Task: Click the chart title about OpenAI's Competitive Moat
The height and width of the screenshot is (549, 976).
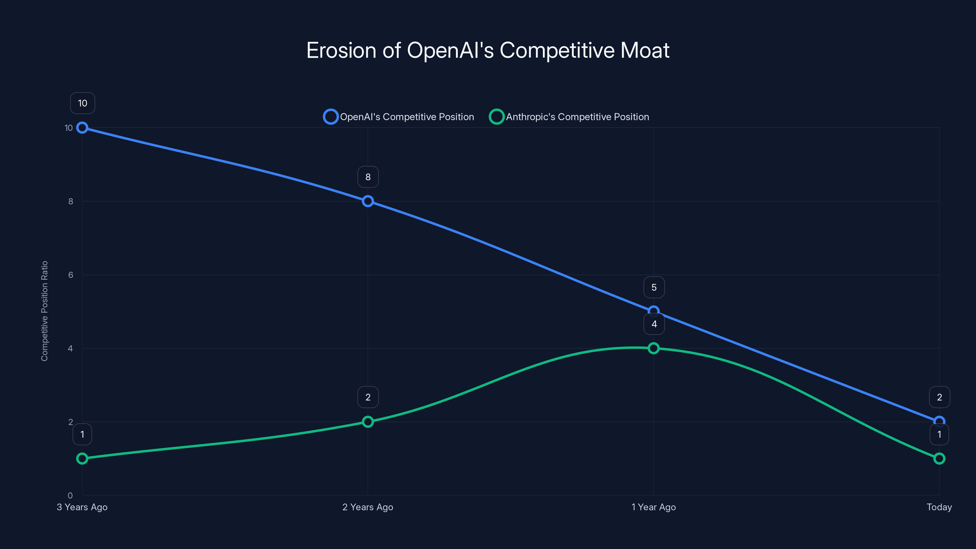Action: click(488, 50)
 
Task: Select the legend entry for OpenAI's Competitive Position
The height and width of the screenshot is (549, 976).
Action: click(399, 117)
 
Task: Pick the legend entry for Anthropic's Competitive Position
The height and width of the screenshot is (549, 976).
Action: click(569, 117)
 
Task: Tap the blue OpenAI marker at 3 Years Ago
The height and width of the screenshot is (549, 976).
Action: click(82, 128)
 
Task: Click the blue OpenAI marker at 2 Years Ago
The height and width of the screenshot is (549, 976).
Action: click(368, 201)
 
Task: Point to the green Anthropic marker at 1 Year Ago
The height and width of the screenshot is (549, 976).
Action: click(653, 348)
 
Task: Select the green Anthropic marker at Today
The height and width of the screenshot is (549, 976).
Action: click(939, 458)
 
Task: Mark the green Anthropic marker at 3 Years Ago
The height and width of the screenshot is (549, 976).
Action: click(82, 458)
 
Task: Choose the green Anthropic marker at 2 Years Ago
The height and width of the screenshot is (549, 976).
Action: click(368, 422)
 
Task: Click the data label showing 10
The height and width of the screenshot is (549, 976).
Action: click(83, 103)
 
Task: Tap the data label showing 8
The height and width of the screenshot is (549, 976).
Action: click(368, 177)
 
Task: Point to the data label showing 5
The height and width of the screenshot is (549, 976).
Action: click(654, 288)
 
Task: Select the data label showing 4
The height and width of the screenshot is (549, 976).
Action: click(654, 324)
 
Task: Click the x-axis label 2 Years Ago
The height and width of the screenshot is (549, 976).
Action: click(368, 507)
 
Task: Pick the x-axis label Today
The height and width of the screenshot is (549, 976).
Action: click(939, 507)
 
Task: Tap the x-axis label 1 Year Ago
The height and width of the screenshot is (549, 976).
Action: click(653, 507)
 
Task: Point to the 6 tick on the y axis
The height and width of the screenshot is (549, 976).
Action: click(70, 275)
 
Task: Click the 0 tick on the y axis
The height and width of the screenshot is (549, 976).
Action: click(70, 495)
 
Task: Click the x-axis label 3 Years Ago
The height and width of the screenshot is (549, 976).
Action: click(82, 507)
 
